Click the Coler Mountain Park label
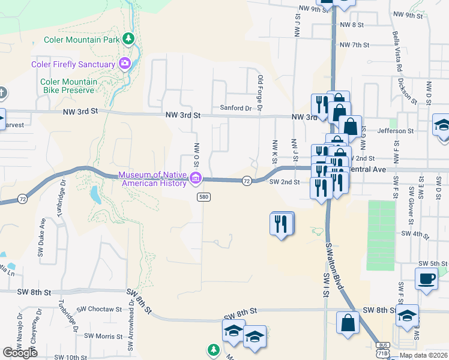coord(82,40)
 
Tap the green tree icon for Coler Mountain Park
coord(128,39)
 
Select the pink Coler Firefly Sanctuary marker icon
coord(125,64)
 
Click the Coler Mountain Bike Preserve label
coord(67,86)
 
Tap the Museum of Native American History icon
coord(196,178)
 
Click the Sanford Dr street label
coord(235,108)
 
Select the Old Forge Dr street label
coord(260,93)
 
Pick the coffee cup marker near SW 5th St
coord(427,279)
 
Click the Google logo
coord(20,353)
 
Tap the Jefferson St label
coord(396,130)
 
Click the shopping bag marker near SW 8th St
coord(348,323)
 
